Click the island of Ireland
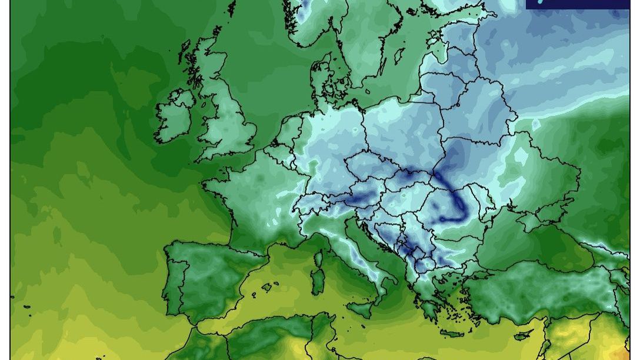pos(175,118)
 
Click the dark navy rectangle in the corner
pos(577,4)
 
